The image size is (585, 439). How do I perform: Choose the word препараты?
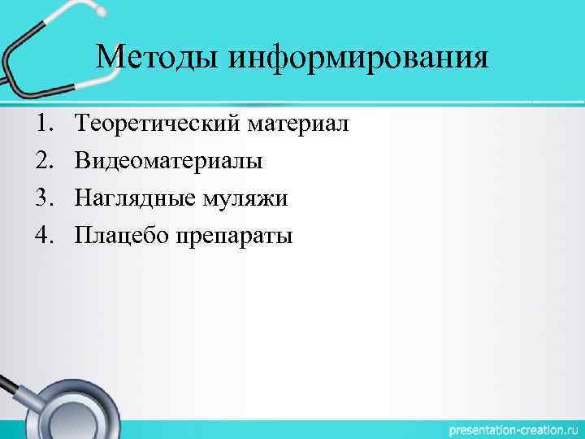pos(235,237)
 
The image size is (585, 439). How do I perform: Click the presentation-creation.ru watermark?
pos(505,428)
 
